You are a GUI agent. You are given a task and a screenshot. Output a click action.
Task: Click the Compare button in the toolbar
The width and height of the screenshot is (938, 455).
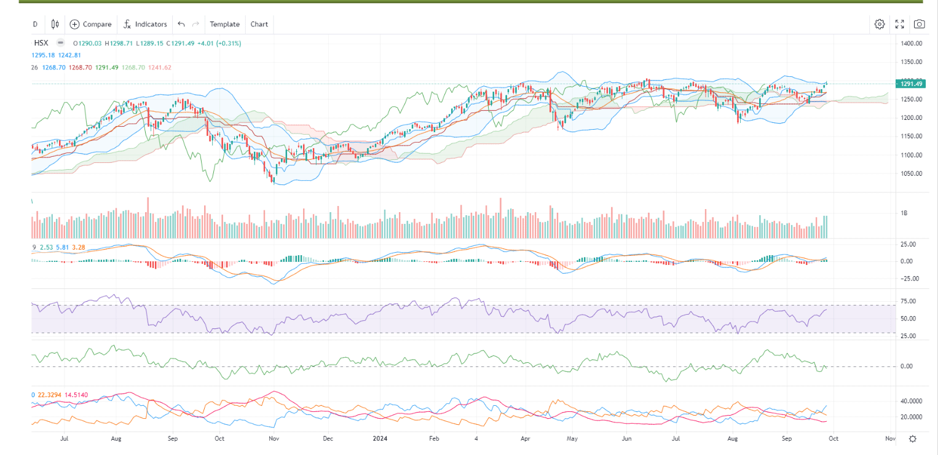[91, 24]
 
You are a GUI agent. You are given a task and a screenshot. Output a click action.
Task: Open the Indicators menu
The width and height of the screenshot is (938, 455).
[144, 24]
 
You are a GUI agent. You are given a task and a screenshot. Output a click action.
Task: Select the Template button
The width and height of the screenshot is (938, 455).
[224, 24]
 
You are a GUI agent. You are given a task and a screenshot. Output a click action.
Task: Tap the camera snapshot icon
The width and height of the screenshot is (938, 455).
[919, 24]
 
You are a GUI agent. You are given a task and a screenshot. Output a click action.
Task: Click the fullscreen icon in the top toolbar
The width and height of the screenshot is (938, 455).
[899, 24]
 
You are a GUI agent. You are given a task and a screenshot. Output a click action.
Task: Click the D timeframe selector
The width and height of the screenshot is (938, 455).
[35, 24]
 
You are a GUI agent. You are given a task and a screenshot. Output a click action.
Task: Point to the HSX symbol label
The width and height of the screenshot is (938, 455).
[41, 43]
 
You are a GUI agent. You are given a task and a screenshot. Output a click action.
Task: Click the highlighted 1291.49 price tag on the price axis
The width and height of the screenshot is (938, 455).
[909, 84]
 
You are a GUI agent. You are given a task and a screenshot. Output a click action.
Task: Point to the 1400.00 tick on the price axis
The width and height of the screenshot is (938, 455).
[912, 44]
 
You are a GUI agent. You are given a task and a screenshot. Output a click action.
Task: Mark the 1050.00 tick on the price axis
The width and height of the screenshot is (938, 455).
[912, 173]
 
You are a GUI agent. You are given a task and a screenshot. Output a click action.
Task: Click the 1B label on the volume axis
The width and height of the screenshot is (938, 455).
[904, 213]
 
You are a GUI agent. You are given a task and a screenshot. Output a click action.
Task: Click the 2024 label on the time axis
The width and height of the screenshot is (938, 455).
[381, 438]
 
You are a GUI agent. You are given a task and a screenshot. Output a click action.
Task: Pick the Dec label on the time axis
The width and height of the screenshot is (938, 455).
[328, 438]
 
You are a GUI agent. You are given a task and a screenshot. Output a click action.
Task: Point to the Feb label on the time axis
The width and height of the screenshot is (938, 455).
[434, 438]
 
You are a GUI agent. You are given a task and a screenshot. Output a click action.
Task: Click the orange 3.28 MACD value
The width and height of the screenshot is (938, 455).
[78, 247]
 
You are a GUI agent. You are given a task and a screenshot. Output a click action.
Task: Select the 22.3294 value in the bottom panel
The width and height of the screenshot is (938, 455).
[50, 395]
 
